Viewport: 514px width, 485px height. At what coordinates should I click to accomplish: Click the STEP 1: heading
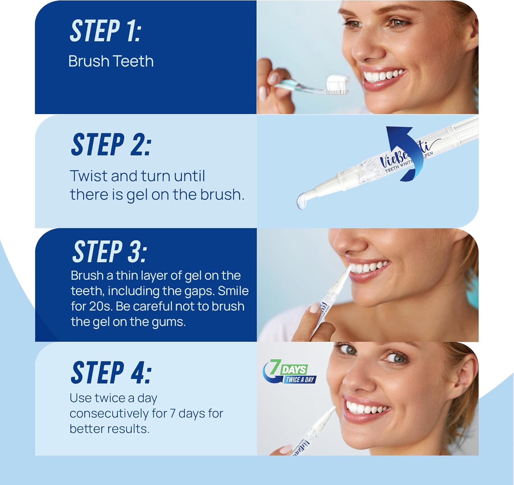[106, 31]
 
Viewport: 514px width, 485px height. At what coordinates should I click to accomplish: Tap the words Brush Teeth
[111, 61]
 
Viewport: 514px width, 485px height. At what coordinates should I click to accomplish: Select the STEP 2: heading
[111, 145]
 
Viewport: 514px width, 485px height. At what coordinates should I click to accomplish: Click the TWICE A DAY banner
[299, 380]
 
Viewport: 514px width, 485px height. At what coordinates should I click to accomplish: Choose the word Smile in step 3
[233, 291]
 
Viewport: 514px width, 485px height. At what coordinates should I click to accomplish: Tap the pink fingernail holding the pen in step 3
[315, 307]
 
